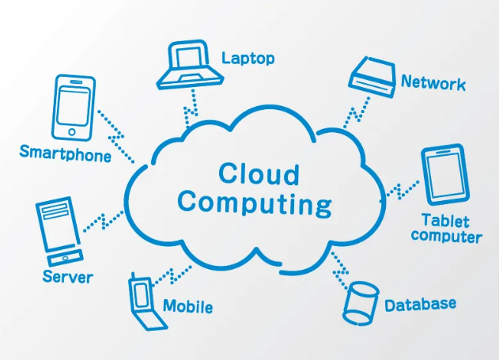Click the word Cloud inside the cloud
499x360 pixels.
[259, 174]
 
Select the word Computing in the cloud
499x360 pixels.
[255, 204]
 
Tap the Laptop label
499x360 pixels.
[248, 59]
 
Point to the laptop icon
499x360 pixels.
[190, 65]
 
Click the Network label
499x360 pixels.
[433, 82]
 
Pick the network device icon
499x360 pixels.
[372, 77]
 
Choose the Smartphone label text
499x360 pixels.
[65, 153]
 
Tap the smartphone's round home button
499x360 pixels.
[72, 132]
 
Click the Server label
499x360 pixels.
[68, 276]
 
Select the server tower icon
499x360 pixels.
[59, 231]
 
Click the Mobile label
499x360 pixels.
[187, 306]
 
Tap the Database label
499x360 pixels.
[420, 305]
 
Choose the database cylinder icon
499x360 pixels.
[361, 303]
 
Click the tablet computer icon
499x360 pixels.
[445, 174]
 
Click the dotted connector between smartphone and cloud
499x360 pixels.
[115, 137]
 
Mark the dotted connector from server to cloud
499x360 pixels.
[104, 221]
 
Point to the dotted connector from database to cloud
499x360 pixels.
[341, 271]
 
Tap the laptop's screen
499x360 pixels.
[189, 58]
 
